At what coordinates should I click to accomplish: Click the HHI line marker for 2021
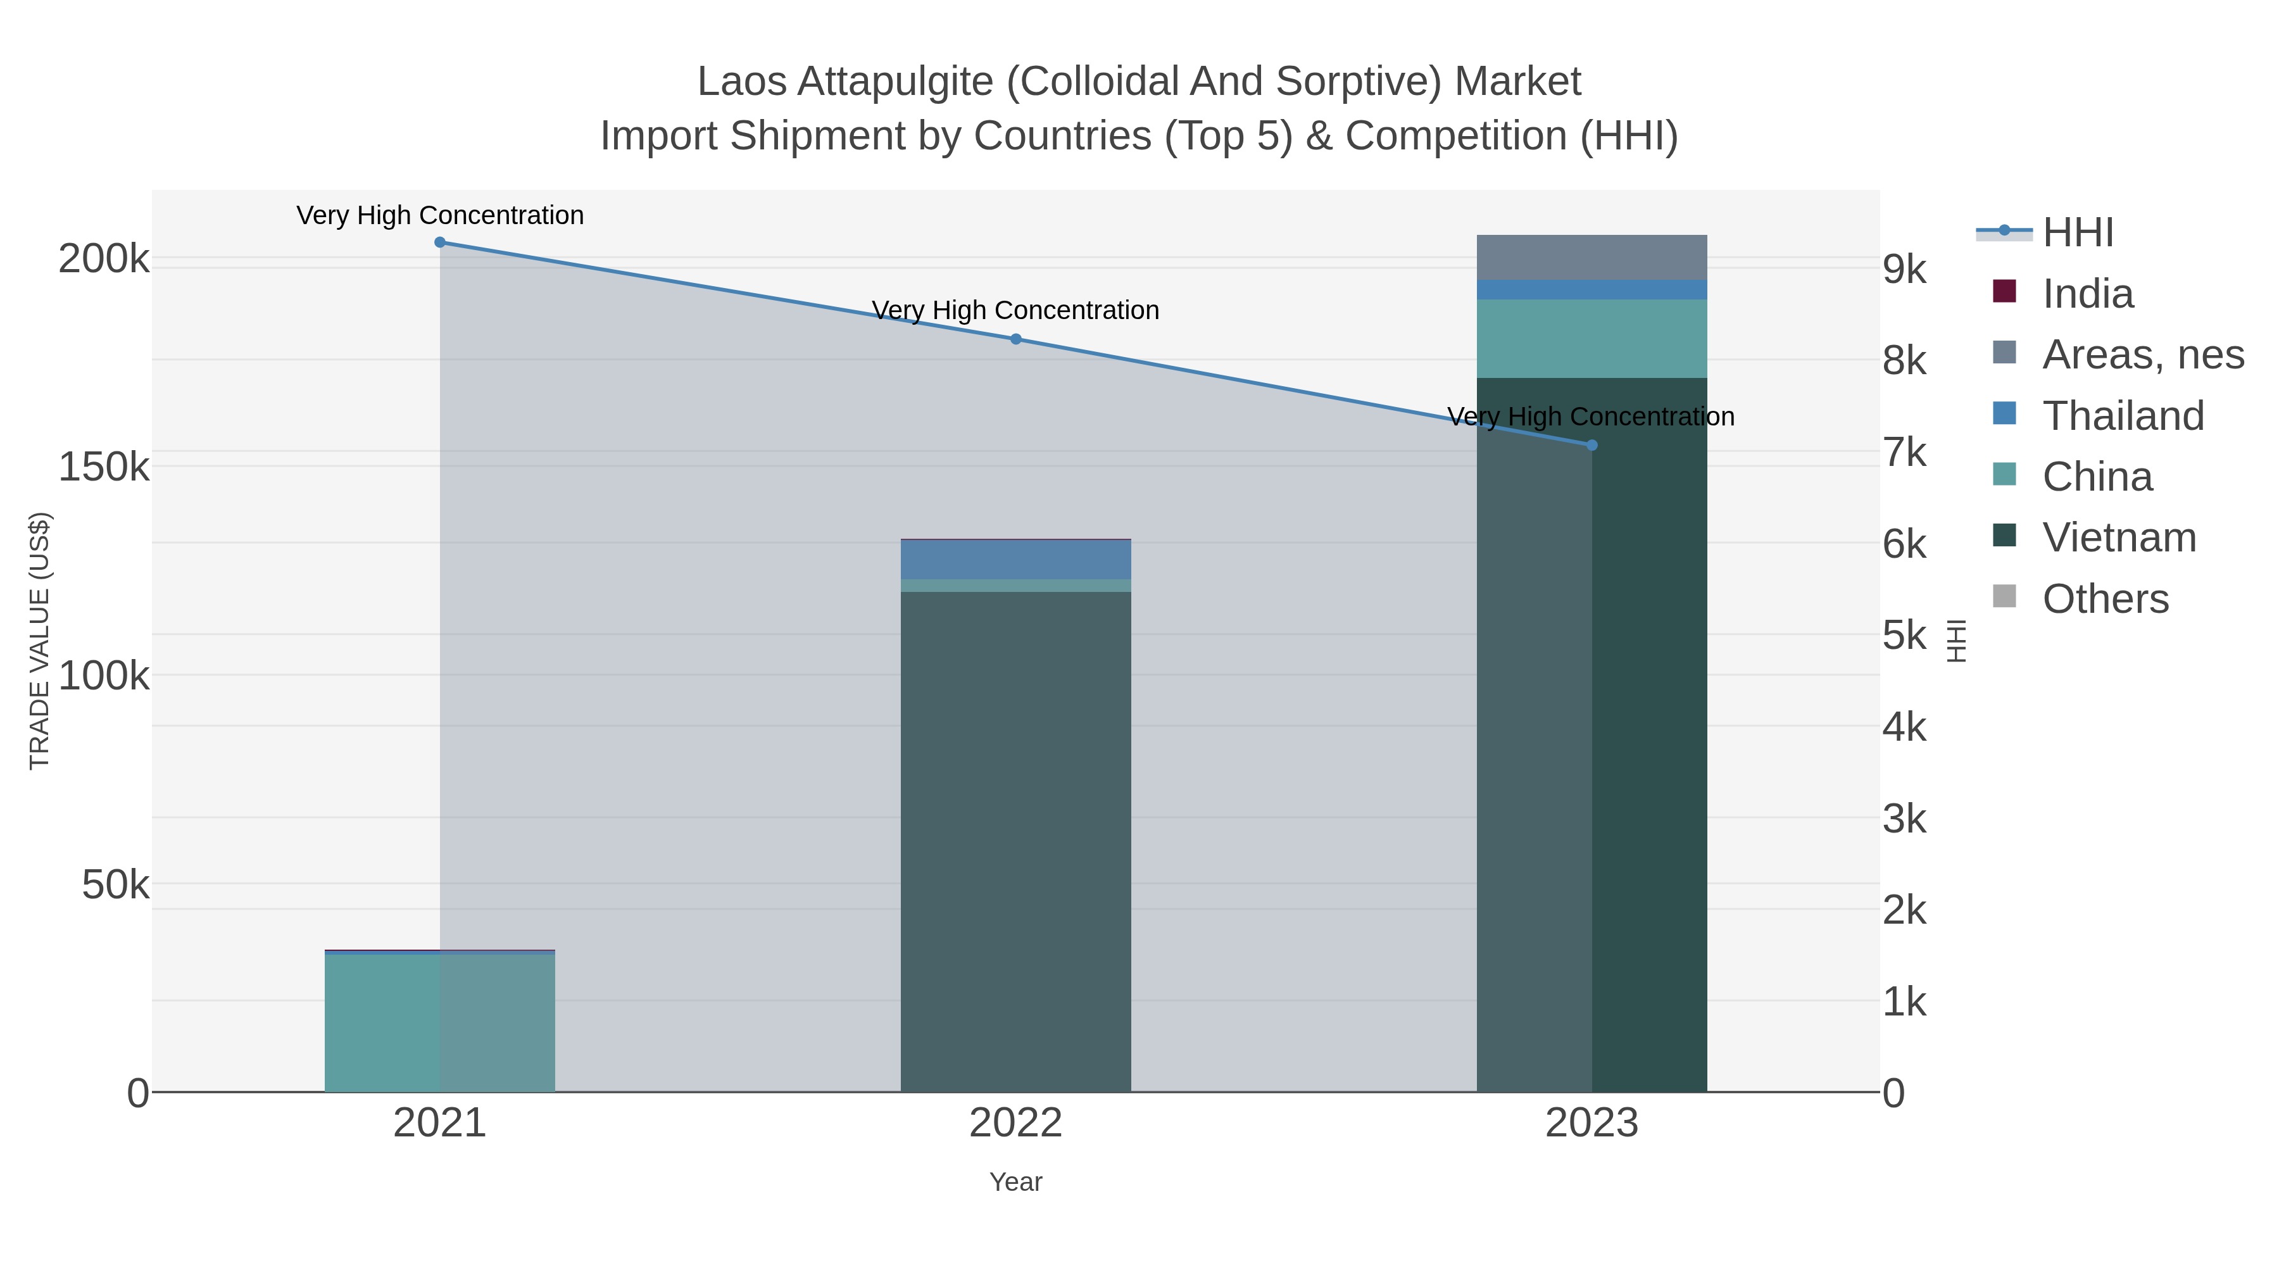click(440, 242)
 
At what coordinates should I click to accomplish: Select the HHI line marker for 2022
click(1015, 339)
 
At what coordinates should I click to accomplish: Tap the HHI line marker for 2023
click(1592, 445)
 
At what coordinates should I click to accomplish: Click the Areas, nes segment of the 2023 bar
click(1592, 258)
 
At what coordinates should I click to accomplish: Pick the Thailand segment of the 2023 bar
click(1592, 290)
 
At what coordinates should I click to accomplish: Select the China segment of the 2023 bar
click(1592, 339)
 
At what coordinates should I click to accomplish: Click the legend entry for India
click(2087, 294)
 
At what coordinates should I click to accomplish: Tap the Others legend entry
click(2105, 599)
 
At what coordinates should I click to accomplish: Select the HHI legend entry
click(2077, 233)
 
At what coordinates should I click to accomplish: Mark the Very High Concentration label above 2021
click(440, 215)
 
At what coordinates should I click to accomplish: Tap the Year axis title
click(1015, 1182)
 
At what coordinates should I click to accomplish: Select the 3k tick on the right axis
click(1904, 819)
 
